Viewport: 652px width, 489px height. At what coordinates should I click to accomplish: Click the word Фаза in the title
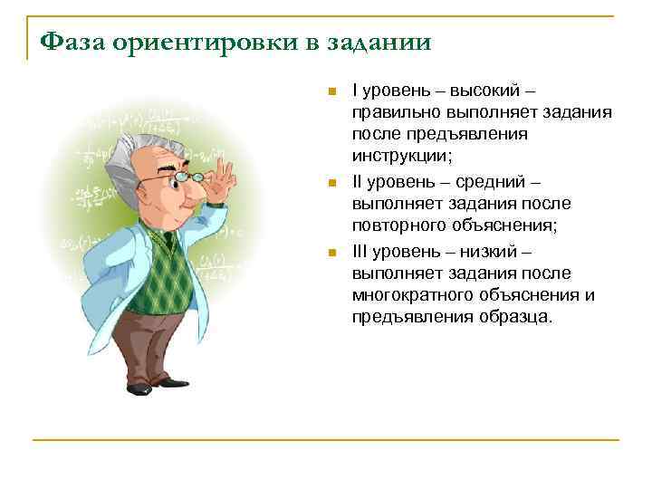[75, 43]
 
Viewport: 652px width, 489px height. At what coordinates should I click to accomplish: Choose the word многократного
[410, 295]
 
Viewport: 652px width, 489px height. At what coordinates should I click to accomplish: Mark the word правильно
[396, 112]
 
